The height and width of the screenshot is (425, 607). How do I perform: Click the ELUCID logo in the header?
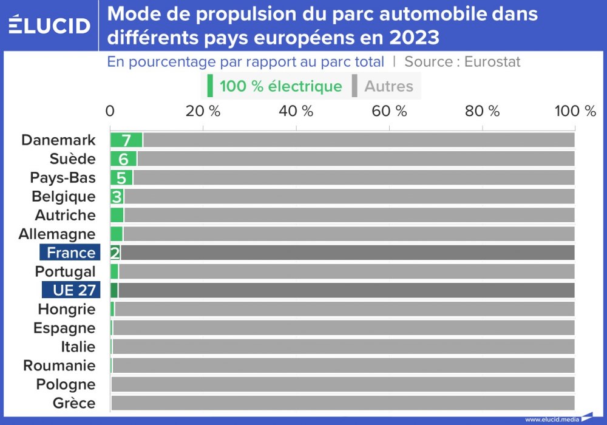(50, 25)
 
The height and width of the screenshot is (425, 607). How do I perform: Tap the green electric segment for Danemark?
(126, 140)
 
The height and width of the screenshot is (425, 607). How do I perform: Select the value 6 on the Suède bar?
(124, 159)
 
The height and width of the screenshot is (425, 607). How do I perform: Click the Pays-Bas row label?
(63, 178)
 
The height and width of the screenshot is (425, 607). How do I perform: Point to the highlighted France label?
(70, 253)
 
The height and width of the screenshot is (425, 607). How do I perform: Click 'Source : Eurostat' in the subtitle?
(463, 61)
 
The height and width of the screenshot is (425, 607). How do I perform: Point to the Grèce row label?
(73, 403)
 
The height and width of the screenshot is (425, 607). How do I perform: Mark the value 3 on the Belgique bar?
(117, 197)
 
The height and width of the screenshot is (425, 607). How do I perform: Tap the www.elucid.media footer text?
(551, 419)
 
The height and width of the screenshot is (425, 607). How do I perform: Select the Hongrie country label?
(66, 310)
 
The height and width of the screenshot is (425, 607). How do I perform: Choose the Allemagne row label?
(57, 234)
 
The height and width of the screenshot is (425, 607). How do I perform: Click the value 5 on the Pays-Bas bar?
(121, 178)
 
